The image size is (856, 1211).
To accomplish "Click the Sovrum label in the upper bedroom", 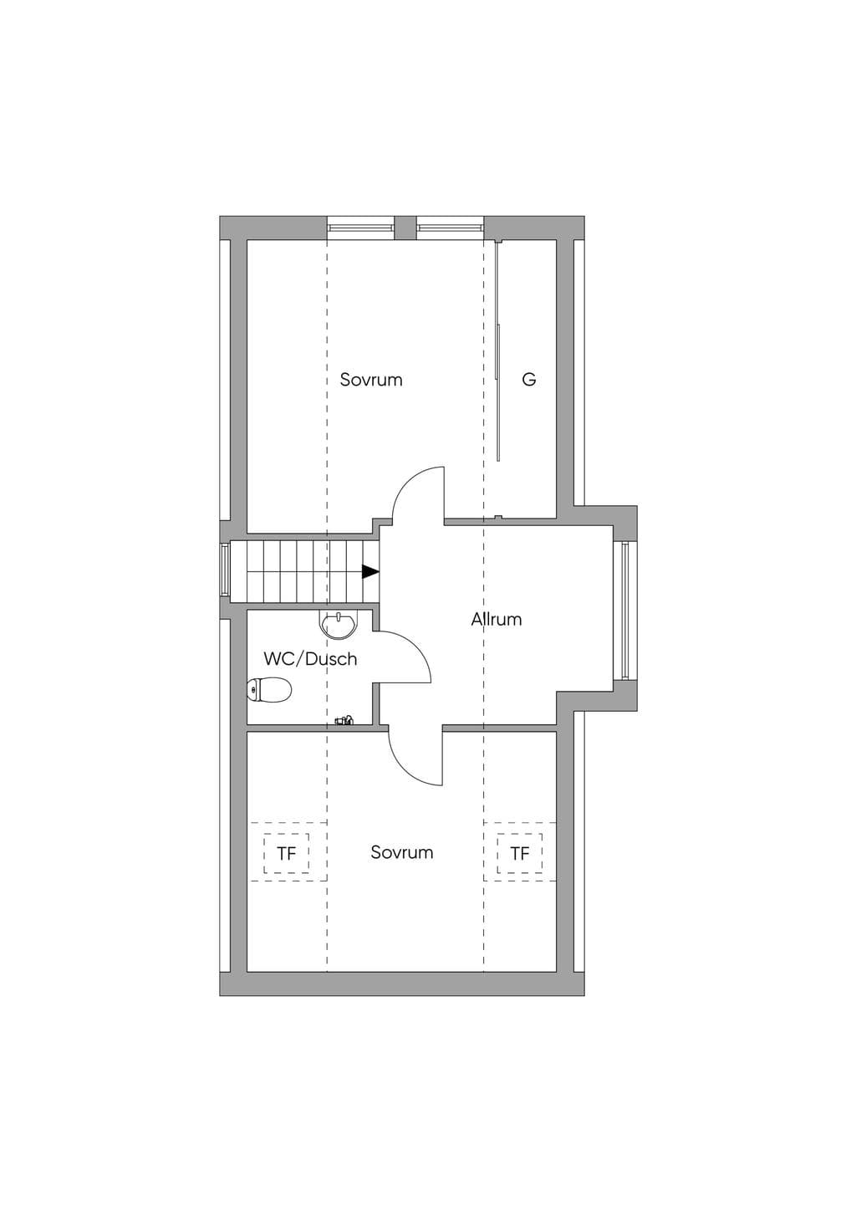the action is [371, 380].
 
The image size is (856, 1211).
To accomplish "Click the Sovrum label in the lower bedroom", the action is [401, 852].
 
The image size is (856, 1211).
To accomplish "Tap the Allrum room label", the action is [496, 619].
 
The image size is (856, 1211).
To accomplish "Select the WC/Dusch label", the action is [310, 659].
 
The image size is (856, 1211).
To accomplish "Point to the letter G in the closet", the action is [529, 380].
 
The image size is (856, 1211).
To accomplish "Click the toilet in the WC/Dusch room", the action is [269, 690].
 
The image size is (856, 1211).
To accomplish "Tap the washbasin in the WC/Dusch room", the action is [338, 625].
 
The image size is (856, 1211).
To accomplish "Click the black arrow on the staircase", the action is [370, 571].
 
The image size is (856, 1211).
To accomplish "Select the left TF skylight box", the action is [287, 854].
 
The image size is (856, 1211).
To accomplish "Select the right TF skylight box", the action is [520, 854].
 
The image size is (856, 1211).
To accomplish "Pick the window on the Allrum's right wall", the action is [625, 611].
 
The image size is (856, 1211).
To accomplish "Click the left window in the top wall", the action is [360, 227].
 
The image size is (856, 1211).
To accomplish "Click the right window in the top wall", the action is [450, 227].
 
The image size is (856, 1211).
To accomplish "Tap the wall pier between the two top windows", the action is [405, 227].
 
